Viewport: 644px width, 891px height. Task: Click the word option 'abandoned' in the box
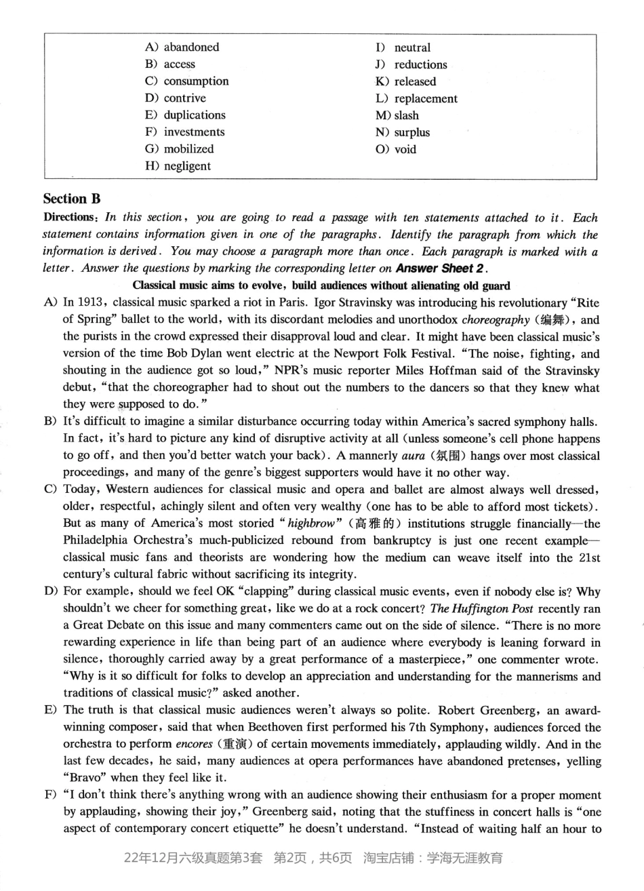point(191,47)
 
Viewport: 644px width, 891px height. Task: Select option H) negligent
point(187,166)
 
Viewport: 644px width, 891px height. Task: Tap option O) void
point(405,149)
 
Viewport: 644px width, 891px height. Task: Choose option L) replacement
point(426,98)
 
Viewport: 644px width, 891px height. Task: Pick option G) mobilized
point(188,149)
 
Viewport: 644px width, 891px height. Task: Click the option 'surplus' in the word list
point(411,132)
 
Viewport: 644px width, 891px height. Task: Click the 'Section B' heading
point(71,199)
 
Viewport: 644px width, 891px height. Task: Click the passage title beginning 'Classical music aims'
point(321,285)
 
